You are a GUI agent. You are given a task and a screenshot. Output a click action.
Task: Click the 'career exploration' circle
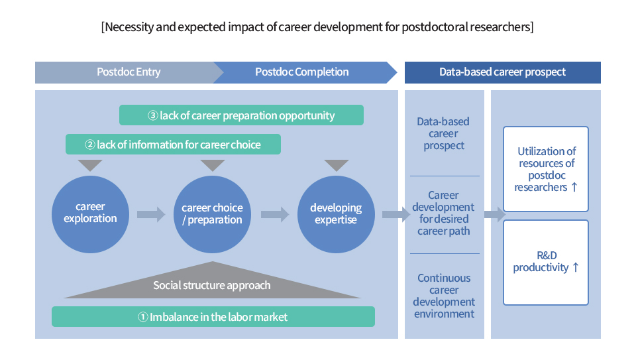click(x=91, y=214)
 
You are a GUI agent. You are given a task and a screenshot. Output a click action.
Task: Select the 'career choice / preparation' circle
click(x=212, y=214)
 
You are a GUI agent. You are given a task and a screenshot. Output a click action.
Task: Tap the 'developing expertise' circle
click(x=336, y=214)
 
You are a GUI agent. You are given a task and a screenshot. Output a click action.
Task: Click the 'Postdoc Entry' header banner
click(x=129, y=72)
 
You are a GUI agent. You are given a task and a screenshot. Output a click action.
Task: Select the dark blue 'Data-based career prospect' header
click(x=503, y=72)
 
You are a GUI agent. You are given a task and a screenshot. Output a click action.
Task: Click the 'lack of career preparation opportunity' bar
click(x=241, y=115)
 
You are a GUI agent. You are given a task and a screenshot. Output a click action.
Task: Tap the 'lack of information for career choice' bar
click(x=173, y=145)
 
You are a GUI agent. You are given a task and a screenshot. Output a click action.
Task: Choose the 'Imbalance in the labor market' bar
click(x=213, y=316)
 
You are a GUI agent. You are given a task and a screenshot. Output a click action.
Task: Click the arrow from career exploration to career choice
click(x=151, y=214)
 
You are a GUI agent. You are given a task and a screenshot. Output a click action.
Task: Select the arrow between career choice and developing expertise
click(x=274, y=214)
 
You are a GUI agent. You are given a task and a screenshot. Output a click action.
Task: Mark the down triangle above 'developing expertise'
click(x=337, y=164)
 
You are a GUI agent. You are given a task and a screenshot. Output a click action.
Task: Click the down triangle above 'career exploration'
click(x=90, y=164)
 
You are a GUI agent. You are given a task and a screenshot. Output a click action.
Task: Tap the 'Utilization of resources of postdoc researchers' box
click(x=545, y=169)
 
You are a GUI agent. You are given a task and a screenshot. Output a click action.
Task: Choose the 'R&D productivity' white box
click(x=545, y=263)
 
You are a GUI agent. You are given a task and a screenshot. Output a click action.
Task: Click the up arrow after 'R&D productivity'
click(x=575, y=267)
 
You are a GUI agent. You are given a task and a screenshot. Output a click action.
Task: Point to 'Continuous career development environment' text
click(x=444, y=296)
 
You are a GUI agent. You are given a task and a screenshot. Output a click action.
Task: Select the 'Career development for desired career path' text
click(x=443, y=213)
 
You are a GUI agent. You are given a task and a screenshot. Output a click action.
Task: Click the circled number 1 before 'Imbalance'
click(x=143, y=317)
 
